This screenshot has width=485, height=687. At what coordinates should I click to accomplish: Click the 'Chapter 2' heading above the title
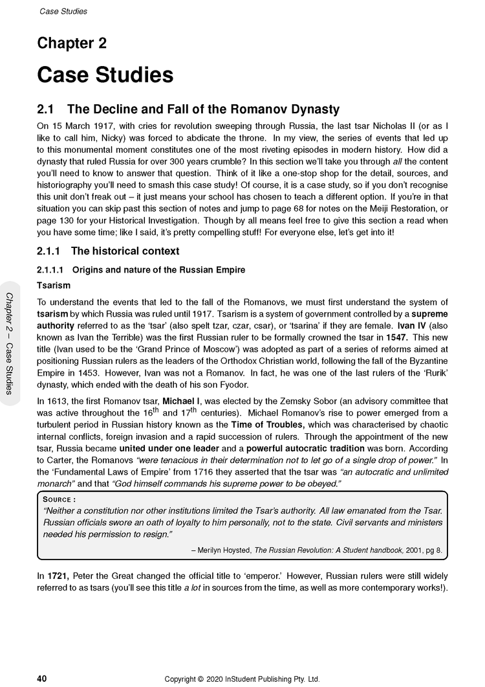72,44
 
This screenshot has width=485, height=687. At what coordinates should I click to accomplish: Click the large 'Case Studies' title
105,74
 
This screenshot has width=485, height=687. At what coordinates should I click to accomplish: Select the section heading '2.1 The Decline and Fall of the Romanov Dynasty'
188,109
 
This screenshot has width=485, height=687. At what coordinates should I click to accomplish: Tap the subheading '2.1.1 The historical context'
108,251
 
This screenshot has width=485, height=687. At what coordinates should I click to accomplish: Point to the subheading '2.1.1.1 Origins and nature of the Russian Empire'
141,269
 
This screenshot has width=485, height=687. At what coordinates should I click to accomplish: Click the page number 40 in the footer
42,679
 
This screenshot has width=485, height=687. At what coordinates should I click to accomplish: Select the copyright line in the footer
242,679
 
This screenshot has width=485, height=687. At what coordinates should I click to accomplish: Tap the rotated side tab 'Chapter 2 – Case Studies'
11,343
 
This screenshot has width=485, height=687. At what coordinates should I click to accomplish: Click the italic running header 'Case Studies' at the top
63,11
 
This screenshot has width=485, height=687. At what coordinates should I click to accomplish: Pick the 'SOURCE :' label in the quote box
59,499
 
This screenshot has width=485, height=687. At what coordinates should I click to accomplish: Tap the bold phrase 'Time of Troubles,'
268,425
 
